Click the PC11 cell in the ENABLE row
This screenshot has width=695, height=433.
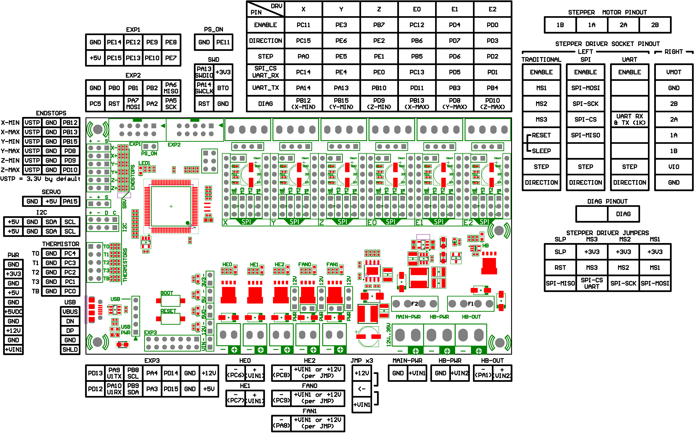click(303, 25)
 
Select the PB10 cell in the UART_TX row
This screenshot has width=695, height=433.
click(379, 88)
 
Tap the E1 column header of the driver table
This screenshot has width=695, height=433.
click(455, 9)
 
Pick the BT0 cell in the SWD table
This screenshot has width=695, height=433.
click(223, 88)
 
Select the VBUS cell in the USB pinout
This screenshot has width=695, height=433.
click(70, 312)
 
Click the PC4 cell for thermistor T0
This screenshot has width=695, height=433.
click(70, 253)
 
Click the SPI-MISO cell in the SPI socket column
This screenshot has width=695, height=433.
click(586, 135)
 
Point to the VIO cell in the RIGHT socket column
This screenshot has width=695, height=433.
click(674, 167)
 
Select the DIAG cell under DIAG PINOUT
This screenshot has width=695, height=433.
click(623, 214)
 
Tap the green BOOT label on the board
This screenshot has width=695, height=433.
click(167, 293)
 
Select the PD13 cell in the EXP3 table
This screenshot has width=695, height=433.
click(95, 373)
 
